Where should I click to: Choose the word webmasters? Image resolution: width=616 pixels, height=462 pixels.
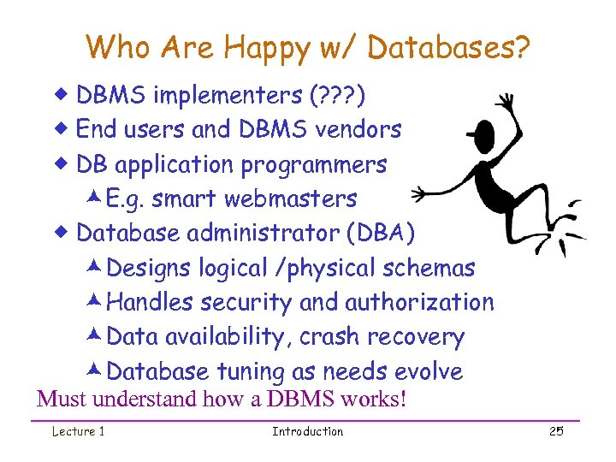coord(291,198)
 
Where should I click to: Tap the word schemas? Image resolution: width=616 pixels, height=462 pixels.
coord(429,268)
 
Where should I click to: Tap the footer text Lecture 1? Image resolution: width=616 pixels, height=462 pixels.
coord(78,431)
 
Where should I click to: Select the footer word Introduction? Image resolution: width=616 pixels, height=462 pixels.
coord(307,431)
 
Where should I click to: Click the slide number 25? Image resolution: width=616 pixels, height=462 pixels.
coord(555,431)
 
